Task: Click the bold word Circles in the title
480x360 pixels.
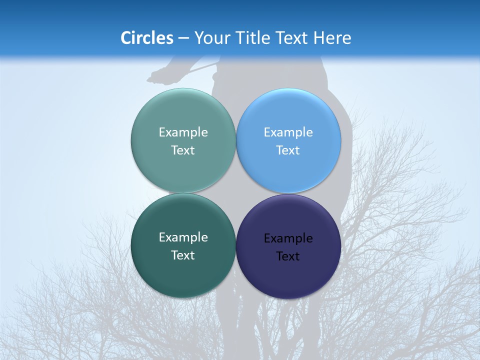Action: [x=146, y=38]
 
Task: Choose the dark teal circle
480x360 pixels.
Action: [x=183, y=275]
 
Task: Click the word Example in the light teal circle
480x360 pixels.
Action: [x=183, y=132]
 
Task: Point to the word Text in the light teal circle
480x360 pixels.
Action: [x=183, y=150]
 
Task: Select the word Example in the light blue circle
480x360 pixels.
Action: [x=288, y=132]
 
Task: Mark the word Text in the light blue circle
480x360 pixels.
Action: [x=288, y=150]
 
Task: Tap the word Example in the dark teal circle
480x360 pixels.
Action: [x=183, y=237]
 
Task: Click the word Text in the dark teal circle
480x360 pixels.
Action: [x=183, y=255]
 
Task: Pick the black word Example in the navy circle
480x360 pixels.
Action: [x=288, y=238]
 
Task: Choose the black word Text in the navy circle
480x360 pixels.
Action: [x=288, y=256]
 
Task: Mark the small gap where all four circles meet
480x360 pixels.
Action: [x=236, y=193]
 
